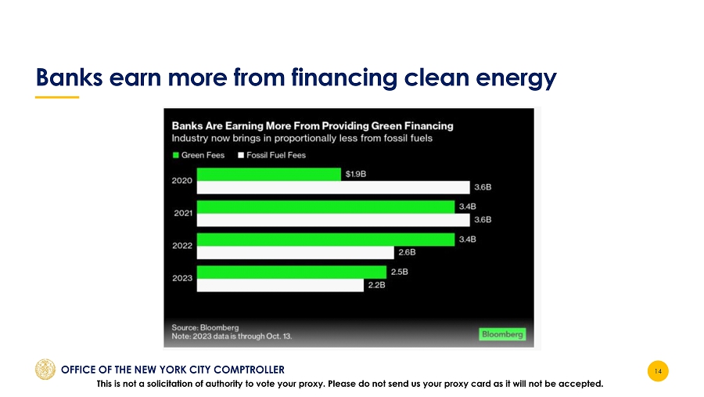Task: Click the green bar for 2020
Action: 268,175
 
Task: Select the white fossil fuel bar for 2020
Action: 333,187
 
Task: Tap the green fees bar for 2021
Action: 325,207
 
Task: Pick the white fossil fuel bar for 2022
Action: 295,253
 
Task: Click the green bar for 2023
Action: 292,272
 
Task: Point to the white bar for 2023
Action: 280,285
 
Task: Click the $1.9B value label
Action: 356,174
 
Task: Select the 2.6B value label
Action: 407,252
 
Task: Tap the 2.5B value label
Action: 399,272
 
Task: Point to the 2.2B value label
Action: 377,284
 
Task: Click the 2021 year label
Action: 183,213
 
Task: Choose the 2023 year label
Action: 182,278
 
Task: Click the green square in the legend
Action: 175,155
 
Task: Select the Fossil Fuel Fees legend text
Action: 276,155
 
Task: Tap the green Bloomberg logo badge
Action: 502,334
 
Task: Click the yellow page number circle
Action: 658,371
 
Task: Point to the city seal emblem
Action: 45,369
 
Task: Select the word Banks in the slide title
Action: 69,77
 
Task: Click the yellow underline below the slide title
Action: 57,97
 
